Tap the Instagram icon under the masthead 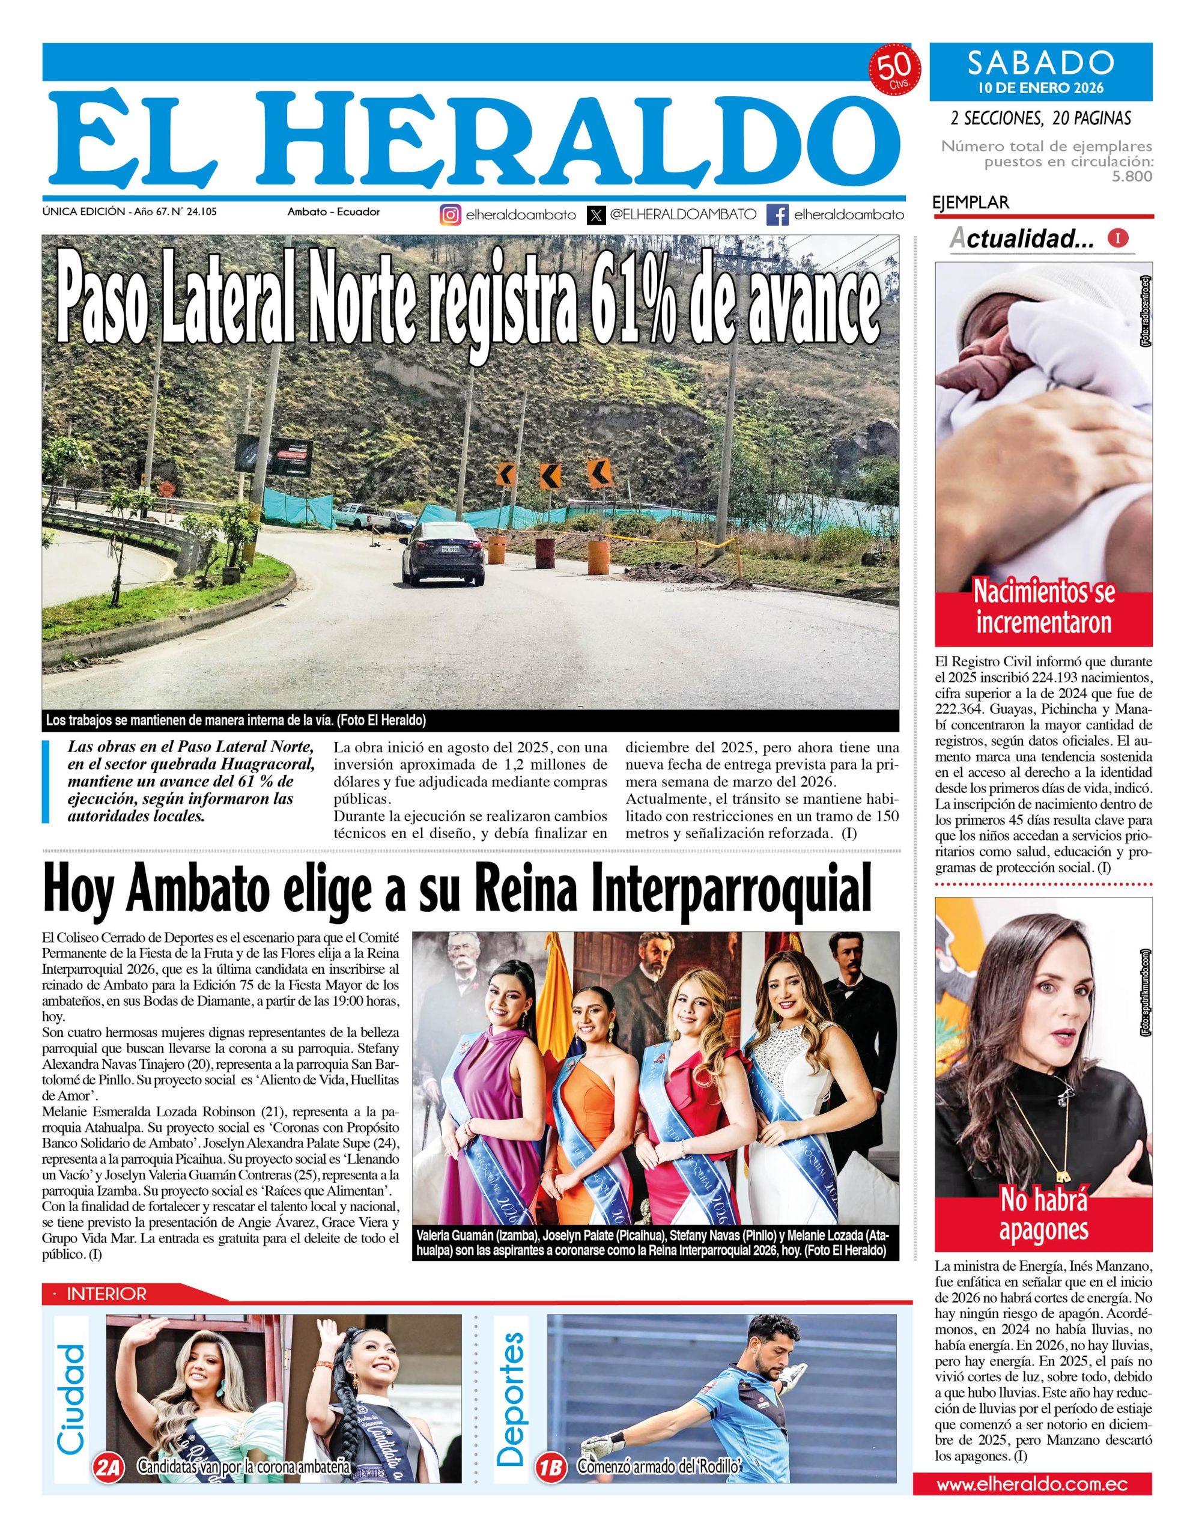coord(451,215)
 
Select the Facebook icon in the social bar coord(777,215)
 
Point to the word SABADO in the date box coord(1040,63)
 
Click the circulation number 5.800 coord(1131,177)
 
